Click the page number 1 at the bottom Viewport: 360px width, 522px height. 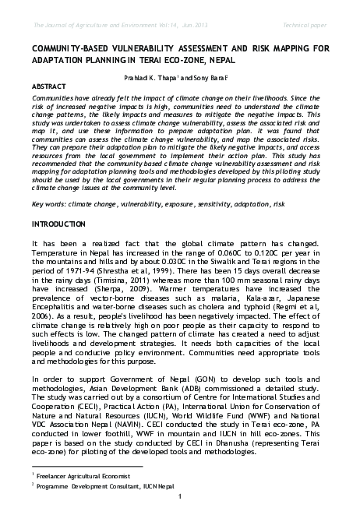click(180, 517)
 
